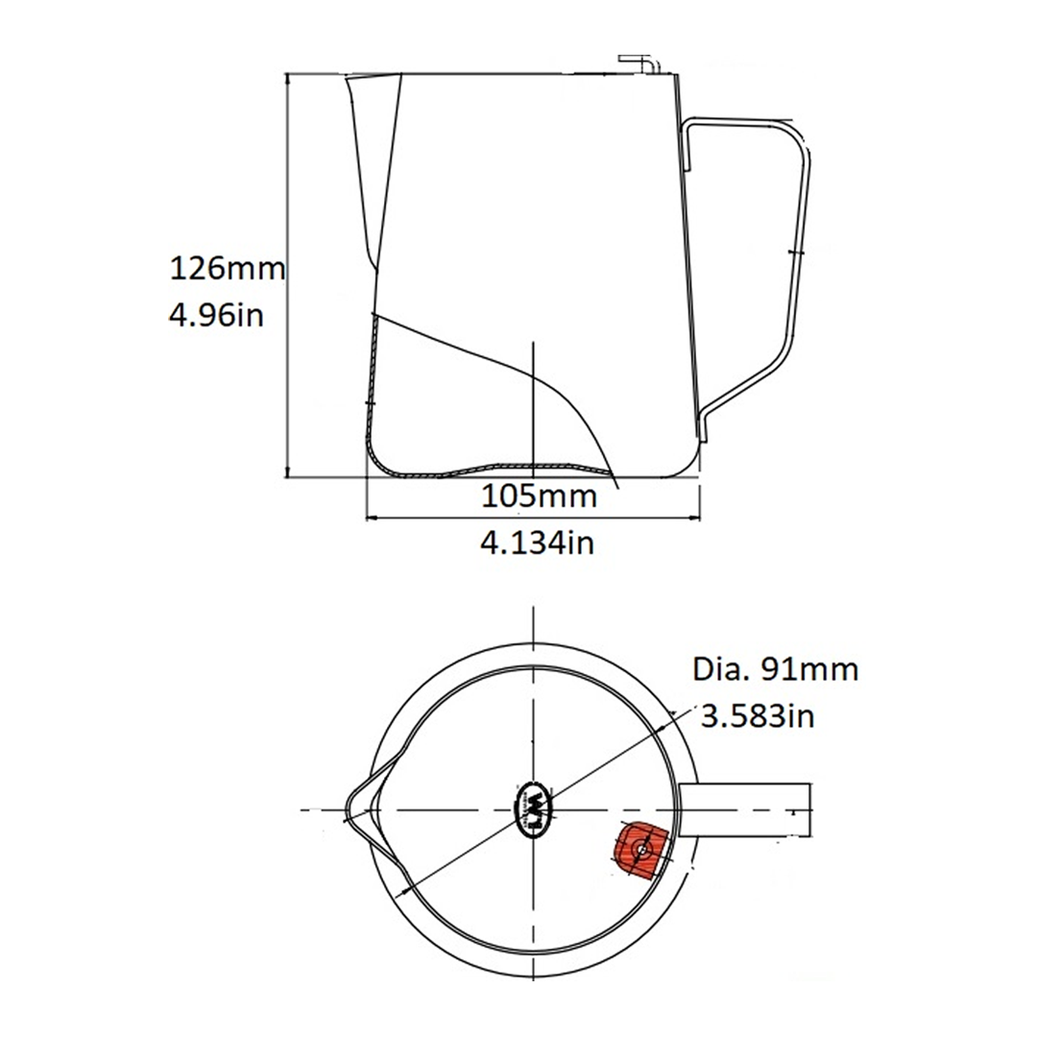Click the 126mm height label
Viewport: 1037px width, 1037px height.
point(227,268)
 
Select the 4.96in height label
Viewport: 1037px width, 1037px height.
point(216,314)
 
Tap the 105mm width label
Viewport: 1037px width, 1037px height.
point(538,496)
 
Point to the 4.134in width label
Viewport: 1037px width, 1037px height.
point(538,543)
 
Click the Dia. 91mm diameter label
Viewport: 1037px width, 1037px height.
point(775,669)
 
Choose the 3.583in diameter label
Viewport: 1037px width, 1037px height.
point(759,716)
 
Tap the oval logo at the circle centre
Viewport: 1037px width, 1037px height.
point(536,810)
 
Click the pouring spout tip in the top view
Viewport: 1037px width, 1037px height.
point(347,810)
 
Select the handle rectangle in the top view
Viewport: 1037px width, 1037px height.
point(747,811)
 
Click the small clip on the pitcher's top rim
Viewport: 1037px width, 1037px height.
point(638,63)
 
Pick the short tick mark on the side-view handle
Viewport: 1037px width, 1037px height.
point(793,252)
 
